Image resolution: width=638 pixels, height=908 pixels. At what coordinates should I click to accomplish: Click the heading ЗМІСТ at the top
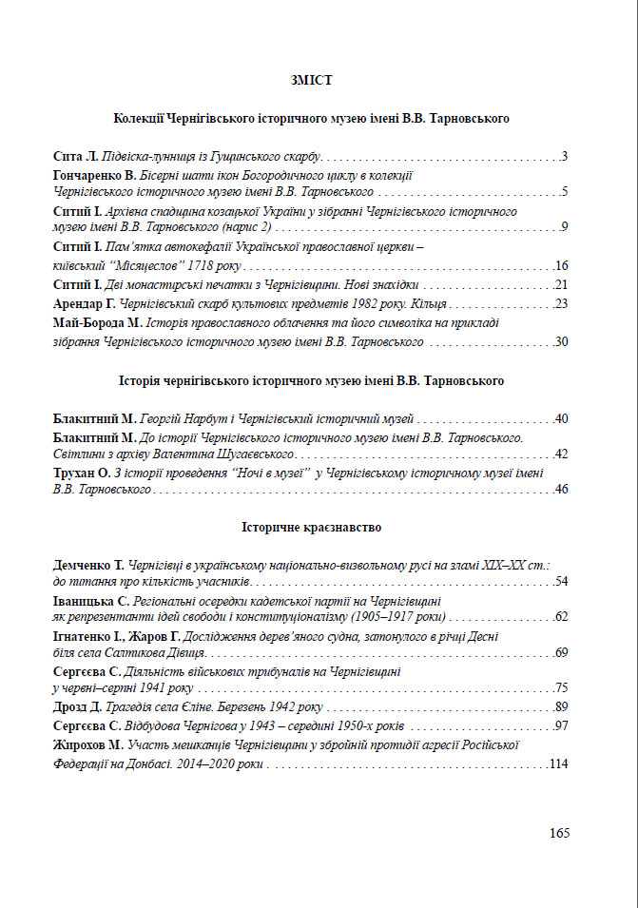(x=311, y=80)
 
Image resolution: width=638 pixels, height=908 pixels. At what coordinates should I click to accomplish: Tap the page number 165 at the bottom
(x=559, y=833)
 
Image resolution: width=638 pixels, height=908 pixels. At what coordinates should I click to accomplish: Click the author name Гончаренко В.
(x=96, y=176)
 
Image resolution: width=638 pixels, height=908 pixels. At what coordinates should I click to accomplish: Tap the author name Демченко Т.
(x=89, y=564)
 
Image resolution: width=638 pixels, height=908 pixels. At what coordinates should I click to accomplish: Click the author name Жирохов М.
(x=91, y=744)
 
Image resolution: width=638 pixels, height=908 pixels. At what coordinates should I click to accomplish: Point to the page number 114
(x=558, y=763)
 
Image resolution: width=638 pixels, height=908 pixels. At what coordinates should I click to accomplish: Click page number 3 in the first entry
(x=565, y=156)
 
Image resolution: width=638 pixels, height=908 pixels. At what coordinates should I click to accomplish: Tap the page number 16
(x=561, y=265)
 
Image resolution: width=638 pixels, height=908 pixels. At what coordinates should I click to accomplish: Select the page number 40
(x=561, y=418)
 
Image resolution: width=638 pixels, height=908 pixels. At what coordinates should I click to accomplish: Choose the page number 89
(x=561, y=706)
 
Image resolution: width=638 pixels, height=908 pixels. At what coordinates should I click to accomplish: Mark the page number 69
(x=561, y=652)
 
